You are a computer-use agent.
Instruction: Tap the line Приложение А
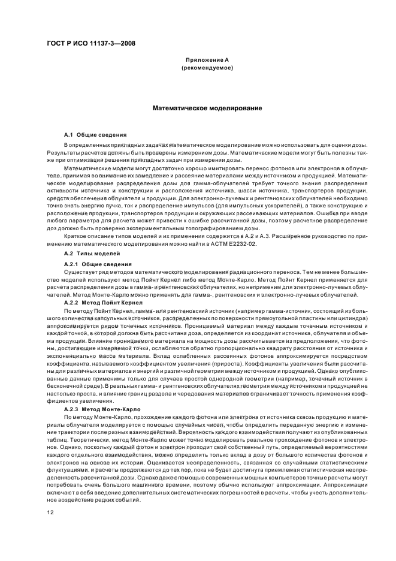(x=207, y=60)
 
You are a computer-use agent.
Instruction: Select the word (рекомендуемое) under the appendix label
(x=207, y=68)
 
